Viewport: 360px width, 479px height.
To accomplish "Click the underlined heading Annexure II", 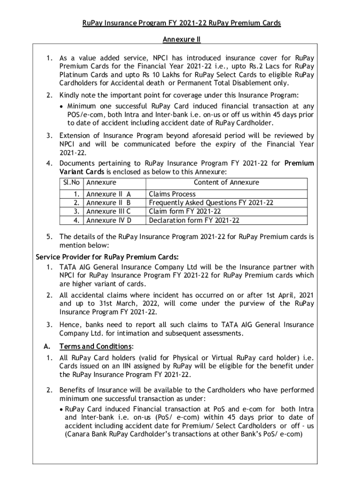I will tap(181, 40).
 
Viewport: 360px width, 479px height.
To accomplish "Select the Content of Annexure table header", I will tap(226, 182).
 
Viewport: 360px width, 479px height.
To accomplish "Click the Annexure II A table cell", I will tap(108, 194).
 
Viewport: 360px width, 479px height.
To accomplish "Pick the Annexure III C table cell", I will tap(108, 211).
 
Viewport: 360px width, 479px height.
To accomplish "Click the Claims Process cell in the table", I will tap(172, 194).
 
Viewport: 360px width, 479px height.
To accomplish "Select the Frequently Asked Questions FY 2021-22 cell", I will tap(211, 203).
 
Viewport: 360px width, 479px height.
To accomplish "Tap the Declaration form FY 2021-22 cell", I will tap(194, 220).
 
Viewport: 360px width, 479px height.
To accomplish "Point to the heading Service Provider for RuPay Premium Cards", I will tap(107, 257).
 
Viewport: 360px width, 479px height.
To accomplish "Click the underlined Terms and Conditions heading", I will tap(96, 347).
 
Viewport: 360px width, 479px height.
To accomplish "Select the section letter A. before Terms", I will tap(46, 347).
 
